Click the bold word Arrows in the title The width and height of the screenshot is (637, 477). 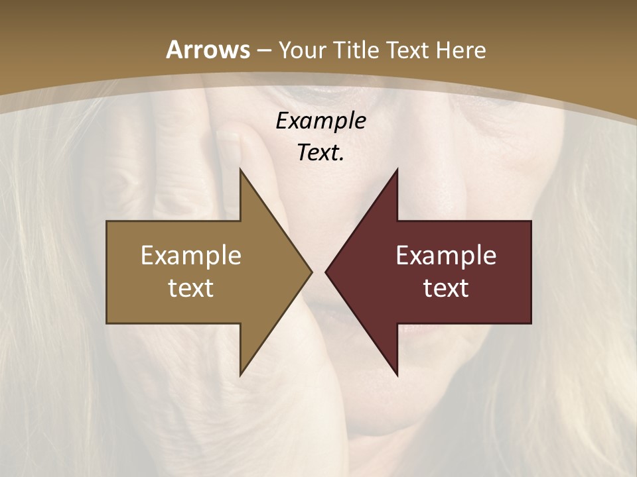coord(208,50)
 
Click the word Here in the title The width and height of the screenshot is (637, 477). coord(462,50)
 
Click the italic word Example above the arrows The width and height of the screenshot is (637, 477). coord(320,121)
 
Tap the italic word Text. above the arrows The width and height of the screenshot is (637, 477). coord(320,153)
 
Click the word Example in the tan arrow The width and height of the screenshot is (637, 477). coord(191,256)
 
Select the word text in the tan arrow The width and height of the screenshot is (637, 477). coord(191,288)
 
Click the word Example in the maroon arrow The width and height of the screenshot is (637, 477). coord(446,256)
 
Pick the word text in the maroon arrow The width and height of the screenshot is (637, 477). coord(446,288)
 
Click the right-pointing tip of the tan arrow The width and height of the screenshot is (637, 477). coord(311,272)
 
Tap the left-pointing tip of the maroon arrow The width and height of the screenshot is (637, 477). coord(326,272)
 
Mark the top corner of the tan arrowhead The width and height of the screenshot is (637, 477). coord(240,170)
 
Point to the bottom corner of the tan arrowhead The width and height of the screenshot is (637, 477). coord(240,375)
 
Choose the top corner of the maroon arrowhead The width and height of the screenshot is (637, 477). coord(397,170)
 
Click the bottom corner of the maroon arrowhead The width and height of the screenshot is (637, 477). coord(397,375)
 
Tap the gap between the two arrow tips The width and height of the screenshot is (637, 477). coord(318,272)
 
